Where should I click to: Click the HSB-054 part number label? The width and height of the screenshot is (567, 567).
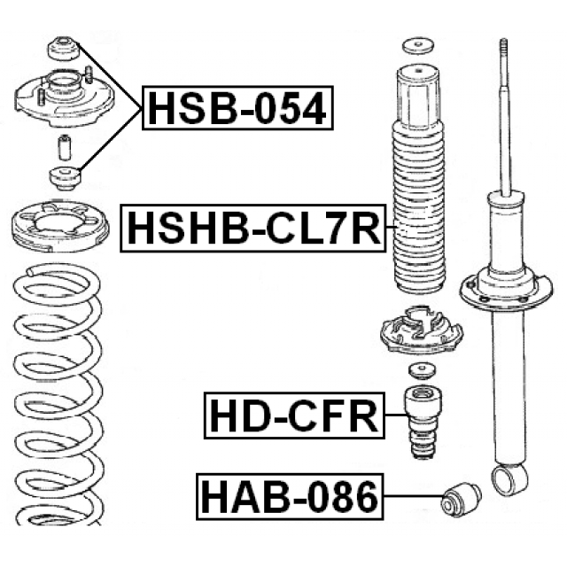(x=237, y=108)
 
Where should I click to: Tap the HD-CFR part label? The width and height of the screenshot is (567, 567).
(x=294, y=416)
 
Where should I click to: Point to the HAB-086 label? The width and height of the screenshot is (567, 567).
(x=290, y=496)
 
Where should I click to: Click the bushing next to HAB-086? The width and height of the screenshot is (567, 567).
(x=462, y=499)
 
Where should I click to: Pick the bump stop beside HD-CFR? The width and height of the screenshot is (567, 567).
(x=423, y=423)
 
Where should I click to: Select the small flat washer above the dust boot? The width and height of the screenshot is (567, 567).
(x=419, y=45)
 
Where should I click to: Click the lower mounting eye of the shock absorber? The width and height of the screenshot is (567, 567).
(x=508, y=480)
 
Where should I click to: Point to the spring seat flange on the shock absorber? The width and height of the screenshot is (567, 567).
(x=506, y=290)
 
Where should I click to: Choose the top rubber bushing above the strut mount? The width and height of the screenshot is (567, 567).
(x=64, y=48)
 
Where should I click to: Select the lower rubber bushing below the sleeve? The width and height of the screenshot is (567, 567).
(x=65, y=179)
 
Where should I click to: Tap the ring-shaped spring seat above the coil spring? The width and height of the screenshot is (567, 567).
(x=60, y=226)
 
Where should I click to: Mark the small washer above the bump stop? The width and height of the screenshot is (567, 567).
(x=422, y=371)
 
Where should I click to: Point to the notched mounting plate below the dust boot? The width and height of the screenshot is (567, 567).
(x=421, y=330)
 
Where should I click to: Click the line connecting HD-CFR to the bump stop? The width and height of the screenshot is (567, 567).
(x=395, y=415)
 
